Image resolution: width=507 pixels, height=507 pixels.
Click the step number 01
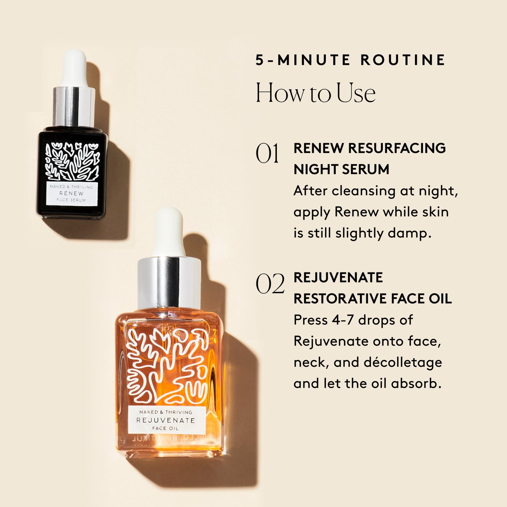pyautogui.click(x=267, y=154)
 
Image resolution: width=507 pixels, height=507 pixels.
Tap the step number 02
pyautogui.click(x=270, y=284)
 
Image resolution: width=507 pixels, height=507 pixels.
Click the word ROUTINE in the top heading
pyautogui.click(x=403, y=60)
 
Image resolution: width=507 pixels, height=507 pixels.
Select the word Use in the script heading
pyautogui.click(x=356, y=93)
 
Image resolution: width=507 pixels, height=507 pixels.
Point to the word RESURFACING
pyautogui.click(x=397, y=148)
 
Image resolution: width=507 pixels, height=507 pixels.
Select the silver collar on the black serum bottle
pyautogui.click(x=74, y=106)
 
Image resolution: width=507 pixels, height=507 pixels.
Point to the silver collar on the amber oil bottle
pyautogui.click(x=169, y=282)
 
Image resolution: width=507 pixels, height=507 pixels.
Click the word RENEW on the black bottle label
pyautogui.click(x=72, y=193)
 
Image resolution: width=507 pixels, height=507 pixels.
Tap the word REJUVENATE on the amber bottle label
pyautogui.click(x=166, y=420)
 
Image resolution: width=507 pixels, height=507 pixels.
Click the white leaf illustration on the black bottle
pyautogui.click(x=72, y=161)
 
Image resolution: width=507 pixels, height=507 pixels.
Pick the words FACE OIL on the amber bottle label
pyautogui.click(x=165, y=428)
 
